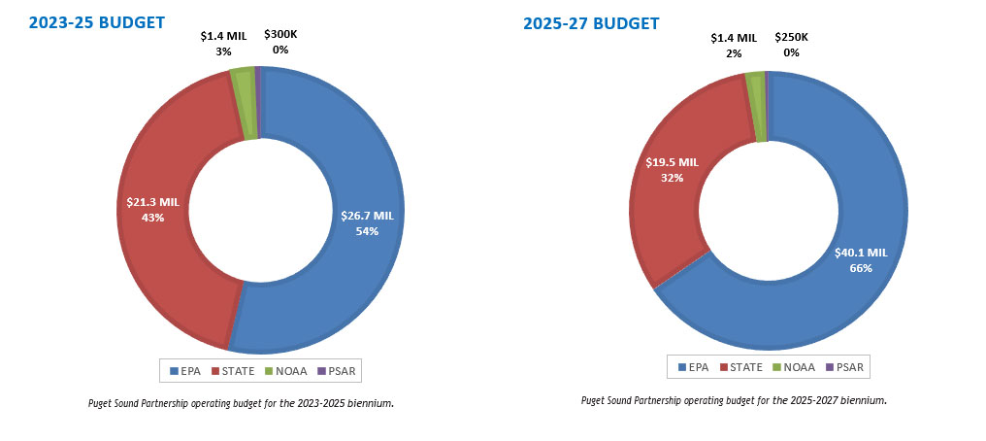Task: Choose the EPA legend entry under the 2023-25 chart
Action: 184,371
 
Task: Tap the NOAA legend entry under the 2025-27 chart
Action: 793,366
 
